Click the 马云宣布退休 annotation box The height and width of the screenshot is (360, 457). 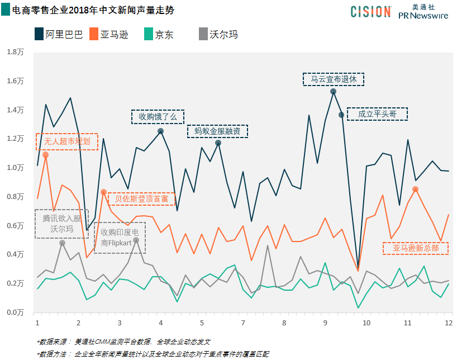[x=334, y=79]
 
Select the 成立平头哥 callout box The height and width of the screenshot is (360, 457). [x=377, y=114]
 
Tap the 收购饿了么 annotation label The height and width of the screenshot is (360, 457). [x=158, y=116]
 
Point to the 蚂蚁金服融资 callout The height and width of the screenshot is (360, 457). [x=217, y=131]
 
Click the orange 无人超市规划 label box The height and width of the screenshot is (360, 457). [x=67, y=141]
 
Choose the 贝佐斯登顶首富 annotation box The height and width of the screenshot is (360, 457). [x=141, y=198]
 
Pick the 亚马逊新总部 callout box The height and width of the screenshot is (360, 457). [x=416, y=248]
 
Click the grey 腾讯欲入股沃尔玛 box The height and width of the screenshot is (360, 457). [x=61, y=224]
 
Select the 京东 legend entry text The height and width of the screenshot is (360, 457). [x=164, y=35]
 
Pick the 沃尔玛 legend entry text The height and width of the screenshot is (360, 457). [x=223, y=35]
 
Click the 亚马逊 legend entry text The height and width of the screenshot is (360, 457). [x=114, y=35]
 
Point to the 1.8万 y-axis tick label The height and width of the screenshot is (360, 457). [x=15, y=51]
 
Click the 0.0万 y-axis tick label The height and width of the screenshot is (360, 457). [x=15, y=312]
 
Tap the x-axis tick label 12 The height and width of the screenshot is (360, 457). [x=448, y=323]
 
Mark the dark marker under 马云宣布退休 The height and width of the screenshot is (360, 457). [x=333, y=91]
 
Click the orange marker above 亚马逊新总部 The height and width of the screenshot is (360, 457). [x=415, y=190]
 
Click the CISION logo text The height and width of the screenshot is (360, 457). [x=371, y=12]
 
